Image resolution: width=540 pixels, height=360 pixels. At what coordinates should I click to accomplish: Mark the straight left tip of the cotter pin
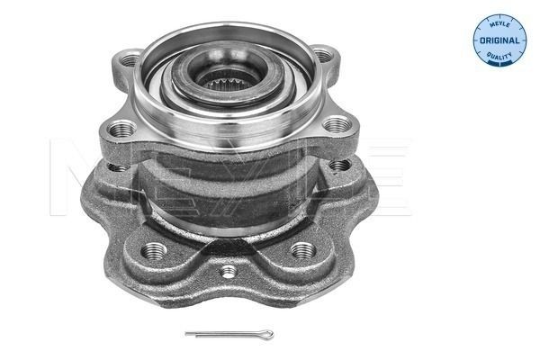188,335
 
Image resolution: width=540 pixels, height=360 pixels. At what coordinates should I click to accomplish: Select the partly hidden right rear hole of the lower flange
339,165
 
